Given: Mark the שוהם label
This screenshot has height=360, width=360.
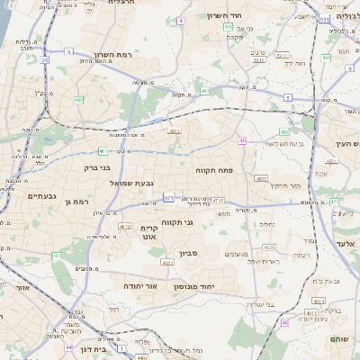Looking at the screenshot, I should click(342, 339).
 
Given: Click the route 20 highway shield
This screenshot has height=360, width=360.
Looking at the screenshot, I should click(44, 60).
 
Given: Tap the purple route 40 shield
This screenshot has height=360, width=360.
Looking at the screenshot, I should click(243, 139).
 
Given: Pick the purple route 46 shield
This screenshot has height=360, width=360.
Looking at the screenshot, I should click(285, 322).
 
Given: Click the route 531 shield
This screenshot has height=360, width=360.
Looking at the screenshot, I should click(323, 17).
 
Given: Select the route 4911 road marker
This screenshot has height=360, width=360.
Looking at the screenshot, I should click(175, 131).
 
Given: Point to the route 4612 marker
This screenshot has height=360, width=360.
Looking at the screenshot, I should click(125, 226).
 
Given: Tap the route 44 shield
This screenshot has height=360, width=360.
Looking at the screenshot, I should click(69, 346).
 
